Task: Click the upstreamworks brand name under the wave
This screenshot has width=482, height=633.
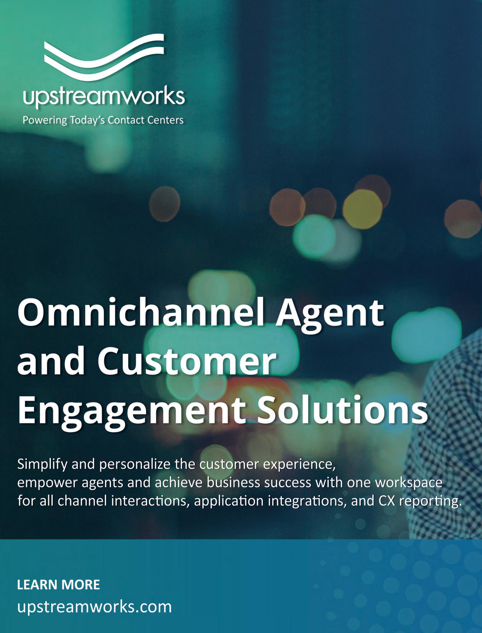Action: pyautogui.click(x=104, y=97)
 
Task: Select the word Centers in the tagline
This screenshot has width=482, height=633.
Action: pyautogui.click(x=165, y=120)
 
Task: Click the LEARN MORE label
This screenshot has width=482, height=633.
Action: pyautogui.click(x=58, y=585)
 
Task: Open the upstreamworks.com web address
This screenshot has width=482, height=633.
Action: pyautogui.click(x=95, y=607)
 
